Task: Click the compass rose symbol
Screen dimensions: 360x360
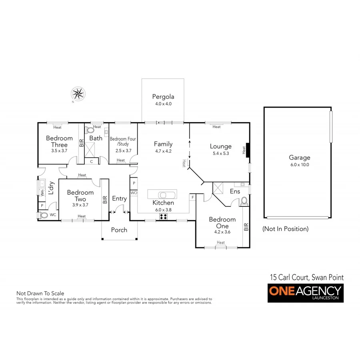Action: click(78, 94)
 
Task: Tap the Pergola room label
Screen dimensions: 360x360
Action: click(163, 96)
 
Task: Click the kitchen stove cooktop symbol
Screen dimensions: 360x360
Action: click(163, 216)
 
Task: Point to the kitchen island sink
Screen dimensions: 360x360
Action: click(163, 195)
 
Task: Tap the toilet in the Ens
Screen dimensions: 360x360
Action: click(244, 201)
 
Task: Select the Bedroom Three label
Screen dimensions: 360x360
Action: click(60, 141)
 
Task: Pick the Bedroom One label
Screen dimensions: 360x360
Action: click(222, 222)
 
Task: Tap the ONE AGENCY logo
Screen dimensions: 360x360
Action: click(305, 293)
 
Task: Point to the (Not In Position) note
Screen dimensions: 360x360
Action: click(285, 229)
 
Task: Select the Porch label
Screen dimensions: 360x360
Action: click(119, 230)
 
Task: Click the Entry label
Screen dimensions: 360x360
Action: click(119, 198)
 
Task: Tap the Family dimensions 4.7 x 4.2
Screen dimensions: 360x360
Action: click(163, 151)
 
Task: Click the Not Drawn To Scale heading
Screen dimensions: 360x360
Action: click(40, 293)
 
